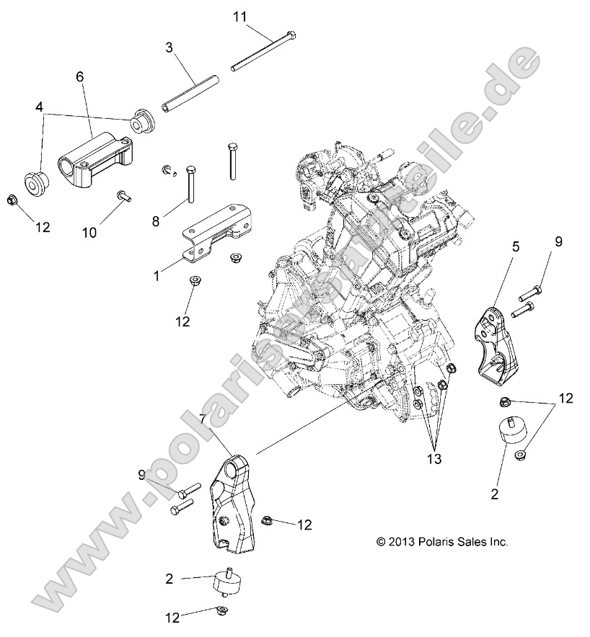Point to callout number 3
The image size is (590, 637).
point(169,49)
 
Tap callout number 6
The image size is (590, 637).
point(80,76)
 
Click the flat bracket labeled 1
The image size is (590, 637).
point(213,228)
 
